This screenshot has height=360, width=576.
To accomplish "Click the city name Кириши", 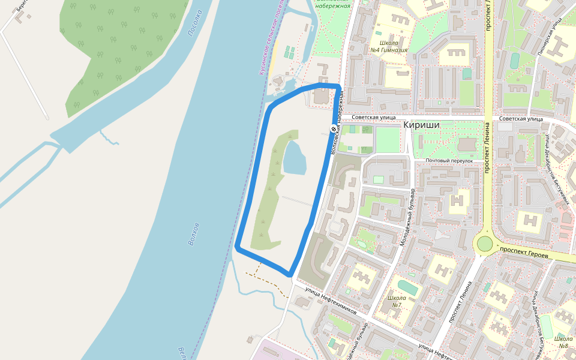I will coord(422,125).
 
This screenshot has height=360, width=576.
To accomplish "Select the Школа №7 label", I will coord(397,301).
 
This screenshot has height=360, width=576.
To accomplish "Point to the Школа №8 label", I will coord(563,341).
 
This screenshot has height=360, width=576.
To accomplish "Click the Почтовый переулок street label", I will coord(449,161).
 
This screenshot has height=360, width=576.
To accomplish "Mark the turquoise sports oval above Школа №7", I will coord(407,287).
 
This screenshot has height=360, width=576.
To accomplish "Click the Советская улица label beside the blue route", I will coord(374,118).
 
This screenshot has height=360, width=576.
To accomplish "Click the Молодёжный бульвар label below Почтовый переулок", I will coord(407,217).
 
